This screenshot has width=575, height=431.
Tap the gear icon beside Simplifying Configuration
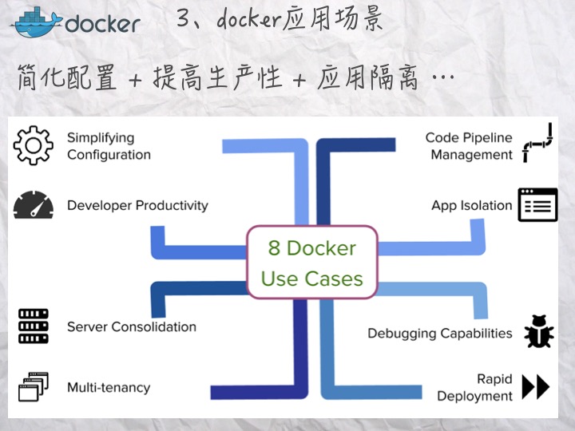(x=34, y=146)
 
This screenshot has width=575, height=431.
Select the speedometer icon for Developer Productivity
(x=34, y=205)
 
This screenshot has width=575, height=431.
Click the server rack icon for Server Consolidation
(x=34, y=326)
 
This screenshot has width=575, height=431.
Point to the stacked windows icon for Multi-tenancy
(x=34, y=387)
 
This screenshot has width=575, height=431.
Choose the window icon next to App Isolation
(x=537, y=205)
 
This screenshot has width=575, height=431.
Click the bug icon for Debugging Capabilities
(x=538, y=332)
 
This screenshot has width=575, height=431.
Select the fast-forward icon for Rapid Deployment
(x=536, y=387)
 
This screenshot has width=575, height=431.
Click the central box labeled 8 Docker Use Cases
(x=311, y=263)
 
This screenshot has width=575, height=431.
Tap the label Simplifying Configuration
(x=109, y=146)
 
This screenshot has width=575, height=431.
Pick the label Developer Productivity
(x=137, y=205)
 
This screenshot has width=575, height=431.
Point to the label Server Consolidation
(x=131, y=326)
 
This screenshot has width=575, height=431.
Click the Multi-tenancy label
(x=109, y=388)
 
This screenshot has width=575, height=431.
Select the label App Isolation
(x=471, y=205)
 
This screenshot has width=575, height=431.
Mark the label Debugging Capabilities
(x=439, y=333)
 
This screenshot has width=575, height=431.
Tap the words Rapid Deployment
(x=474, y=387)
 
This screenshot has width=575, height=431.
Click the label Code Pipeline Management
(x=469, y=146)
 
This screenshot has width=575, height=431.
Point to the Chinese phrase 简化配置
(x=67, y=77)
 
